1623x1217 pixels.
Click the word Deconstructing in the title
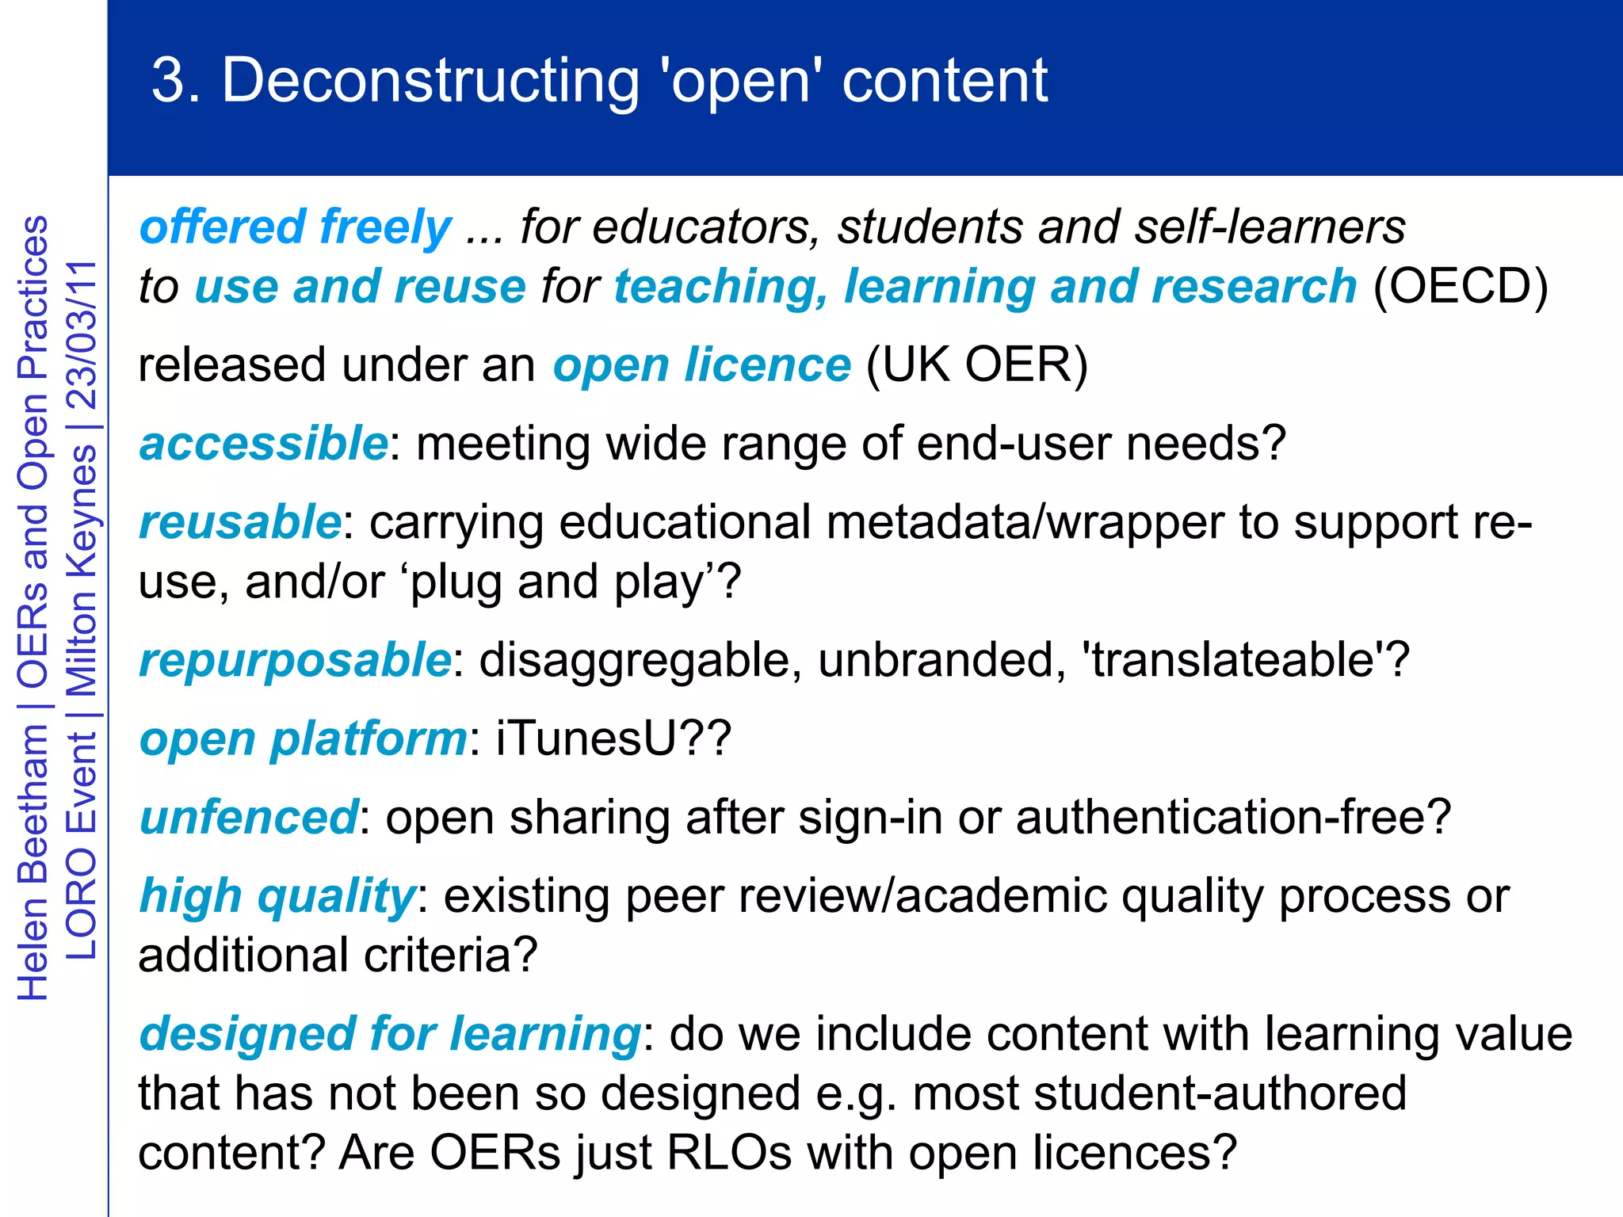[430, 81]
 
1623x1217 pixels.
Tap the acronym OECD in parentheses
[1460, 286]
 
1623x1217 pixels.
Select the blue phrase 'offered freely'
[295, 227]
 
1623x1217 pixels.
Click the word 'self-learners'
[1270, 227]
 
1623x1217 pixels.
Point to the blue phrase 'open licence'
[701, 365]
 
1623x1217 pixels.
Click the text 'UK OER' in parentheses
[977, 365]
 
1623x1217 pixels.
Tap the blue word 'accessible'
[263, 443]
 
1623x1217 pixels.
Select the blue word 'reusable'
[240, 522]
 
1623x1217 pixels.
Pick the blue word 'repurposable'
[295, 660]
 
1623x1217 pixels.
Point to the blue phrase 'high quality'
[277, 896]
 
